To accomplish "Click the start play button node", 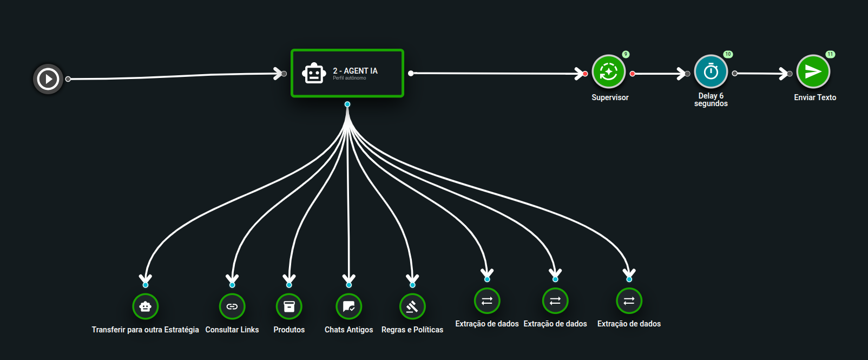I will click(x=48, y=79).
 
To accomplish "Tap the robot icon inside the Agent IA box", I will click(x=314, y=74).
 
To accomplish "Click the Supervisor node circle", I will click(x=609, y=71).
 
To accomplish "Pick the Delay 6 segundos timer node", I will click(x=711, y=71).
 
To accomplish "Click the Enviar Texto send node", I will click(x=813, y=71).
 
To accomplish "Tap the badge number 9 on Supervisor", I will click(x=626, y=54).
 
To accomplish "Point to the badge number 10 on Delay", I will click(x=728, y=54).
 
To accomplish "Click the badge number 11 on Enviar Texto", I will click(x=830, y=54).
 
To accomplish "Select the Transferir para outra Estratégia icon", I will click(x=146, y=306).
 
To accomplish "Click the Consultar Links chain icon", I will click(x=232, y=306).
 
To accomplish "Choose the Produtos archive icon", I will click(x=289, y=306).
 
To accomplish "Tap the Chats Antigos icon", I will click(x=349, y=306).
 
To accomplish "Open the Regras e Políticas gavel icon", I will click(x=412, y=306).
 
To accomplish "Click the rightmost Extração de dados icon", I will click(x=629, y=301).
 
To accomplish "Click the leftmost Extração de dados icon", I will click(x=487, y=301).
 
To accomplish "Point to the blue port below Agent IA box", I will click(x=347, y=104).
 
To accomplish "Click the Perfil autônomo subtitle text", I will click(x=350, y=78).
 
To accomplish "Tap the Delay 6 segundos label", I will click(x=711, y=100).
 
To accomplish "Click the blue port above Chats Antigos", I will click(x=349, y=285).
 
